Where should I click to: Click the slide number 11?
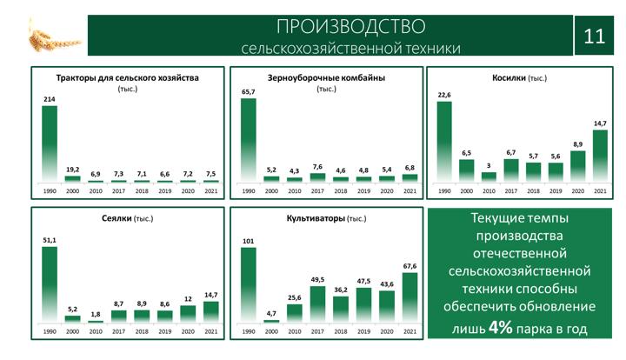tap(594, 37)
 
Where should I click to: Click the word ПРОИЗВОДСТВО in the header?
tap(351, 27)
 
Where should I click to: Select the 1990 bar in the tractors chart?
tap(50, 143)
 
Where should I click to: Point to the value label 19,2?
tap(73, 170)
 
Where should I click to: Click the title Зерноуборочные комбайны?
tap(326, 78)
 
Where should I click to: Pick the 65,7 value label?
tap(249, 92)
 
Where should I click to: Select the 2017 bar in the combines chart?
tap(317, 177)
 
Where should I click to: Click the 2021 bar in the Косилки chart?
tap(600, 156)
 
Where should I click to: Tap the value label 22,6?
tap(444, 95)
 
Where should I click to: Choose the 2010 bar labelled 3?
tap(489, 177)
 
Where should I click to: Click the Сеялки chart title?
tap(127, 218)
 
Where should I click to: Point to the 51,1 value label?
tap(50, 240)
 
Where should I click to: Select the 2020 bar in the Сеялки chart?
tap(188, 314)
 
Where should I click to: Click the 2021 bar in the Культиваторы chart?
tap(410, 297)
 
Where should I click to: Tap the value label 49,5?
tap(317, 280)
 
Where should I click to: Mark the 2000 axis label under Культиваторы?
tap(271, 331)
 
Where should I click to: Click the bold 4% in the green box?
tap(501, 328)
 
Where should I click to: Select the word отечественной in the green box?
tap(519, 253)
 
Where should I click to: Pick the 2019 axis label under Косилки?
tap(556, 191)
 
